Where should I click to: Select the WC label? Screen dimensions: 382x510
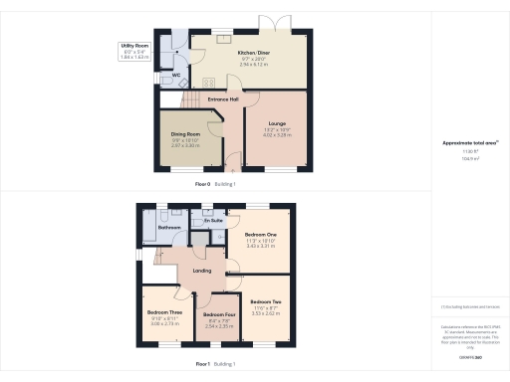tap(175, 75)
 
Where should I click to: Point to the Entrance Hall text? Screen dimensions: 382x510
tap(223, 99)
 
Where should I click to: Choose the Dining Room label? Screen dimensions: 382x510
tap(186, 134)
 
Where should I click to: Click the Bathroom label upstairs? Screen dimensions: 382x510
tap(168, 228)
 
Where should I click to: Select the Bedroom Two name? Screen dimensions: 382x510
tap(266, 301)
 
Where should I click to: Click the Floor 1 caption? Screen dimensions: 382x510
tap(201, 365)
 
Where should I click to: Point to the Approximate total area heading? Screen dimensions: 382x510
tap(469, 143)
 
